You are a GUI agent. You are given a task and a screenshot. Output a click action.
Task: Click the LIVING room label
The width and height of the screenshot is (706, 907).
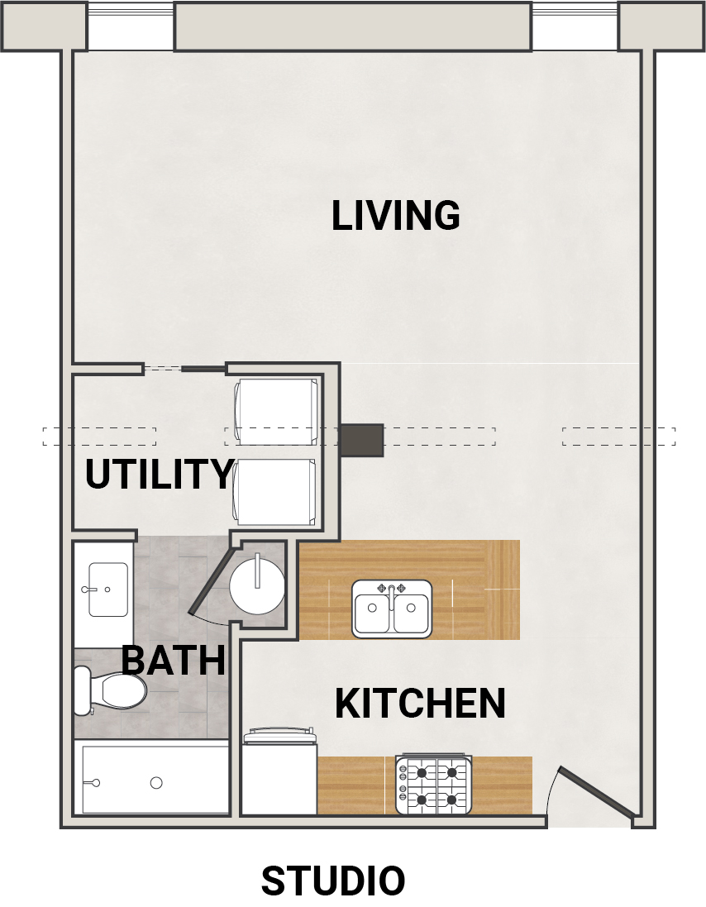[395, 215]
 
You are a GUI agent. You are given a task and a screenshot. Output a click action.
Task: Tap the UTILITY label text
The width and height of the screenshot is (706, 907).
[159, 474]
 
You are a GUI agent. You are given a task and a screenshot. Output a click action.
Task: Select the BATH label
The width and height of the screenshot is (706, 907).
[173, 660]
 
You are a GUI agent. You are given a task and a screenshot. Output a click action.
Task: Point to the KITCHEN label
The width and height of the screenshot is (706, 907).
[420, 704]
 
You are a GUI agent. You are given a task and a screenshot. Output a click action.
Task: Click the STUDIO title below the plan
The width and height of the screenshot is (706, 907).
[333, 881]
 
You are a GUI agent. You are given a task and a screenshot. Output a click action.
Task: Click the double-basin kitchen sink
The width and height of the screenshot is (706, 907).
[392, 609]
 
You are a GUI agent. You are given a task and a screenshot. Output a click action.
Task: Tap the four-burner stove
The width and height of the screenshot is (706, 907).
[433, 785]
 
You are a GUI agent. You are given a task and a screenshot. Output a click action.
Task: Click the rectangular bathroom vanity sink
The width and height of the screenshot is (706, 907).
[108, 590]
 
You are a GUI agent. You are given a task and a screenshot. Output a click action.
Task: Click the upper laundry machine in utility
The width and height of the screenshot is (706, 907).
[276, 412]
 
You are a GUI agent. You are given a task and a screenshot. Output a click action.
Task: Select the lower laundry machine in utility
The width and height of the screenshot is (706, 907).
[275, 492]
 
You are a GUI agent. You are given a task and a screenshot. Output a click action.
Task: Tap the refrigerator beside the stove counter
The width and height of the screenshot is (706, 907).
[279, 771]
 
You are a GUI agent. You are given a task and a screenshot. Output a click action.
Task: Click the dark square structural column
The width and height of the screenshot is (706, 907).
[361, 440]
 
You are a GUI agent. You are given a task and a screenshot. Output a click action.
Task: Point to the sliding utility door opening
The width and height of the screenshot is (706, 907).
[184, 369]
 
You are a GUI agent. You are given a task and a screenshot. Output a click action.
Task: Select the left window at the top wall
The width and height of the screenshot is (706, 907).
[131, 26]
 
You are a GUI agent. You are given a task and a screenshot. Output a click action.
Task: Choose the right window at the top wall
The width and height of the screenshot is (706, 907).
[575, 26]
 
